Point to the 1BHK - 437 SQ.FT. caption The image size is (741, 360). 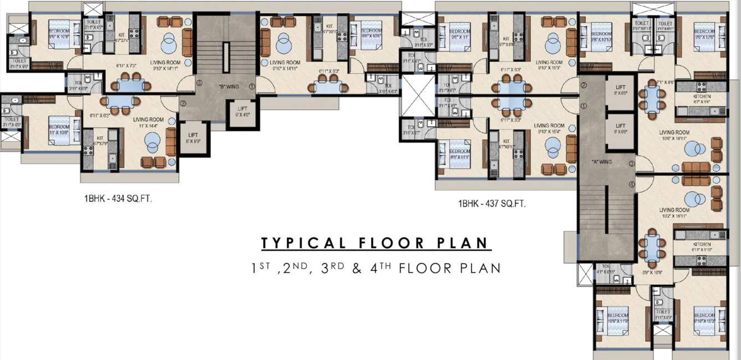pos(492,204)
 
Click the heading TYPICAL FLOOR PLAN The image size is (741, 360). pos(375,243)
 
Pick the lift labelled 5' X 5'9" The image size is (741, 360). pos(193,137)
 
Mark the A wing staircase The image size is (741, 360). pos(606,222)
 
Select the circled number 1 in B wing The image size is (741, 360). pos(251,86)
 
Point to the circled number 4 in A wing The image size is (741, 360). pos(631,184)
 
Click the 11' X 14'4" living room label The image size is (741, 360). pos(149,123)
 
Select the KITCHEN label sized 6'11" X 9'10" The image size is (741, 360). pos(701,247)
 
